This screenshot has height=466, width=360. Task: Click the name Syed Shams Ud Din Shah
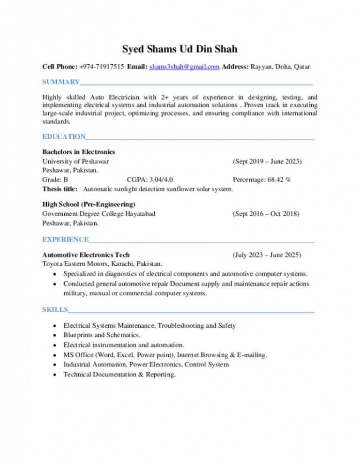(180, 49)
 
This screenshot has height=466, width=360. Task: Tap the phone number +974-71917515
(101, 67)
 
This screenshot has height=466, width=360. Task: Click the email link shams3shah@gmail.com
(184, 67)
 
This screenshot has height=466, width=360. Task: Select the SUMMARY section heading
(61, 83)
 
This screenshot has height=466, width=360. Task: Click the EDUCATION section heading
(64, 137)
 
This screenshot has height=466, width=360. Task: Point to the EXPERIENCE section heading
(66, 240)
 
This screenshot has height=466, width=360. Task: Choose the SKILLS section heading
(55, 310)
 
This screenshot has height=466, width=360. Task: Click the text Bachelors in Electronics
(79, 152)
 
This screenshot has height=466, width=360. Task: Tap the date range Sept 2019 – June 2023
(267, 161)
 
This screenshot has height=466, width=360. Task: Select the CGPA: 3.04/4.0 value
(152, 180)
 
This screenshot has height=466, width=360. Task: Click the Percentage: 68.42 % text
(262, 180)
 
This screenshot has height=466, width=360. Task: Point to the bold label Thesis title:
(60, 189)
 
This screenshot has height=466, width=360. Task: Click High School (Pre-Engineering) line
(89, 204)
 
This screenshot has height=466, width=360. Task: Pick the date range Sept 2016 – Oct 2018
(266, 214)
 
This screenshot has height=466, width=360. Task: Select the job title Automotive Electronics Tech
(86, 255)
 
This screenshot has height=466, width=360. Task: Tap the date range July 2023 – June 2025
(267, 255)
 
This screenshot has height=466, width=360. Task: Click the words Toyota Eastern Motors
(75, 264)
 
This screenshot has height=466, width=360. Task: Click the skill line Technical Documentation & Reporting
(120, 374)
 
